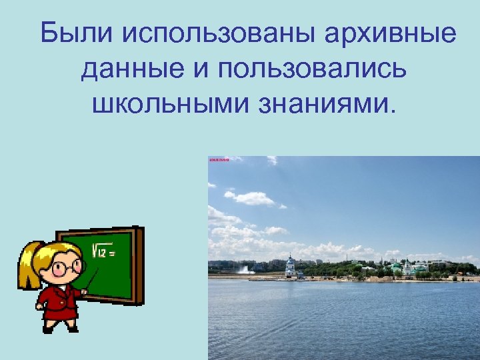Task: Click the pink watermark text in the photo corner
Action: click(x=219, y=160)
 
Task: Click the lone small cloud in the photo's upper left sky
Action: click(x=271, y=160)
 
